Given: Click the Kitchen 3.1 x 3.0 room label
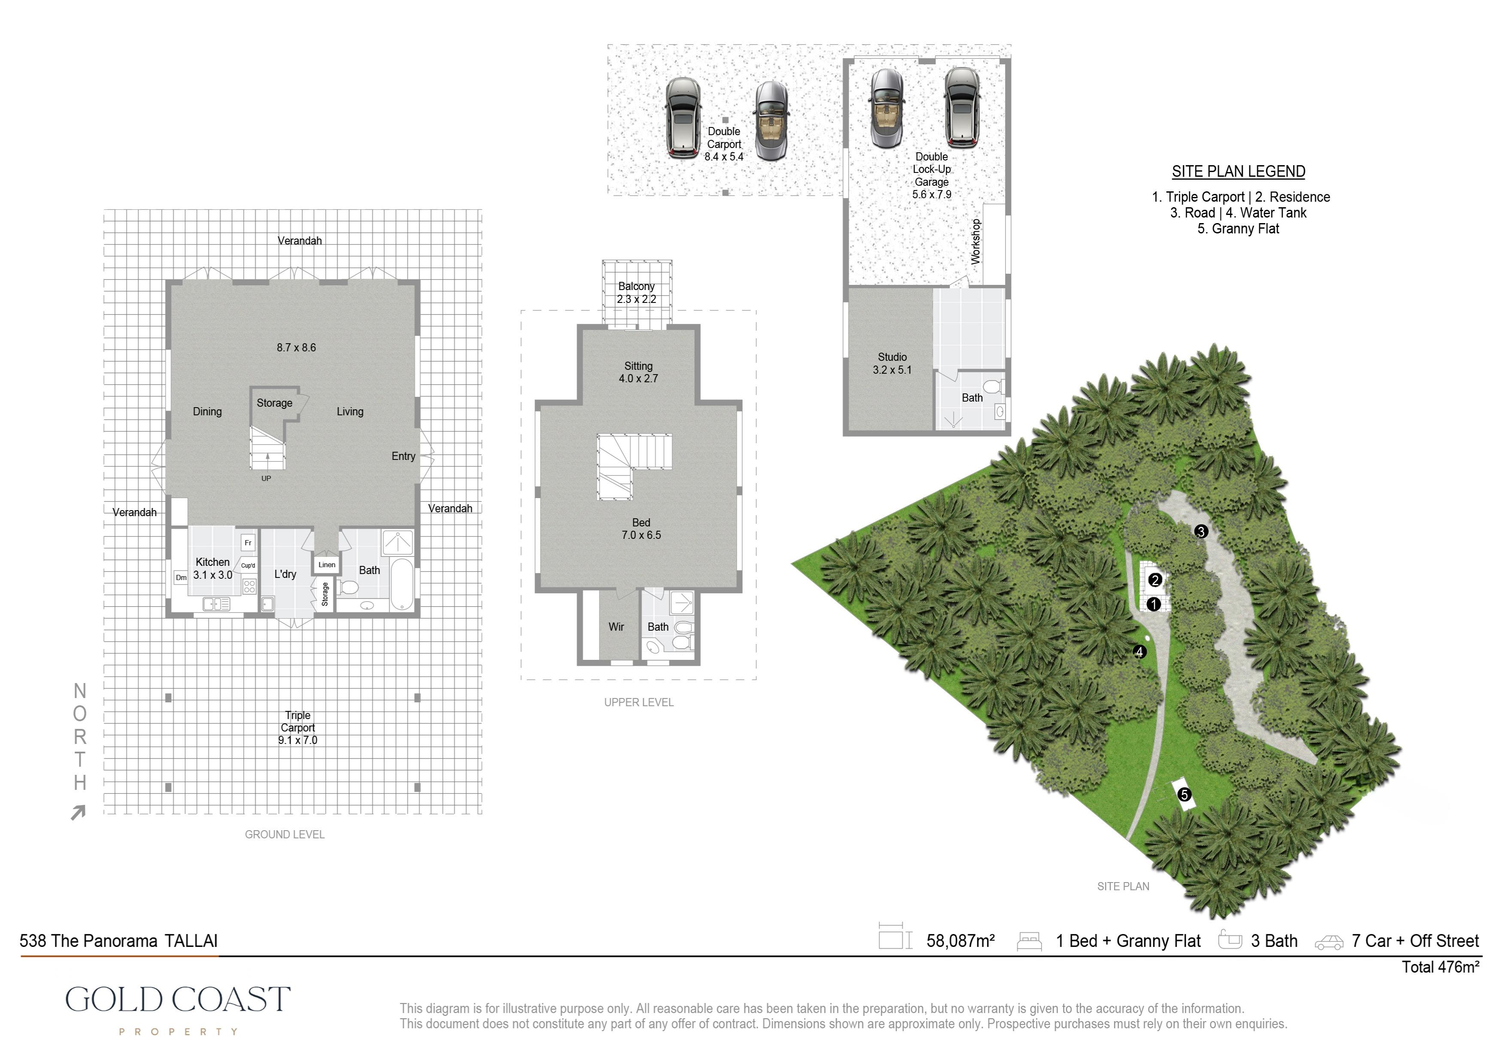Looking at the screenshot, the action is (x=213, y=568).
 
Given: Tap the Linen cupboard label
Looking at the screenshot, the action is (x=326, y=565).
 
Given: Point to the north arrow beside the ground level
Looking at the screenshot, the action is (x=79, y=813).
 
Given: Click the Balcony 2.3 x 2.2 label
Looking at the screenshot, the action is (x=637, y=293).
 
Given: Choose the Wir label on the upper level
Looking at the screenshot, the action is (x=616, y=627).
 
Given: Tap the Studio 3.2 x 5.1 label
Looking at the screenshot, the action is (x=892, y=363).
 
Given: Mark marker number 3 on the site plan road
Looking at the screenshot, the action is (x=1201, y=532).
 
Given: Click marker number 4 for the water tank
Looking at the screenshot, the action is (x=1140, y=652).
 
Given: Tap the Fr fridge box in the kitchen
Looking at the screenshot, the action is (x=248, y=543).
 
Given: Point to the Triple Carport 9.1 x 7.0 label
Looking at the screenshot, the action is (x=298, y=728).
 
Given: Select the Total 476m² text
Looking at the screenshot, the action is (x=1441, y=967).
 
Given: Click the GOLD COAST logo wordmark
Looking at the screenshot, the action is (x=178, y=1000).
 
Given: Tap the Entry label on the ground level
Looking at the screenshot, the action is (x=403, y=456).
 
